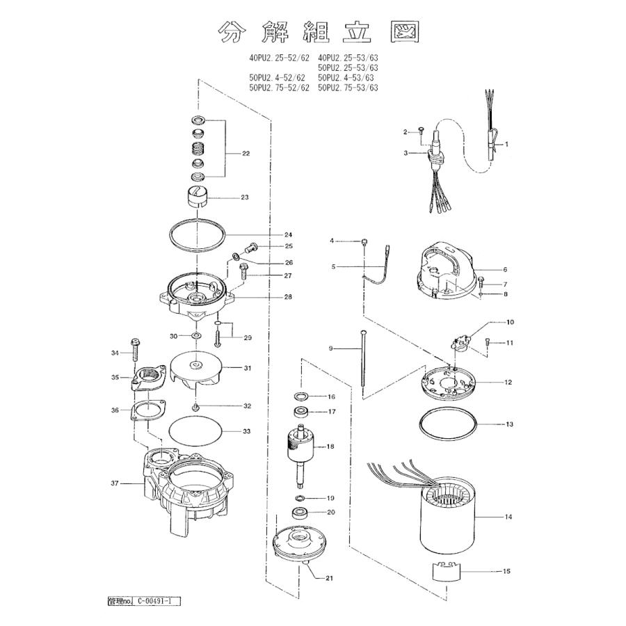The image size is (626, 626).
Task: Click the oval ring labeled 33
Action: [196, 431]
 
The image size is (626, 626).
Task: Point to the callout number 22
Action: [246, 153]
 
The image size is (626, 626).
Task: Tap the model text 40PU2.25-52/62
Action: [279, 58]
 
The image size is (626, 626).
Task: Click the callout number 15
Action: [506, 571]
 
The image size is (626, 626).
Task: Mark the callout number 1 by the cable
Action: [507, 144]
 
